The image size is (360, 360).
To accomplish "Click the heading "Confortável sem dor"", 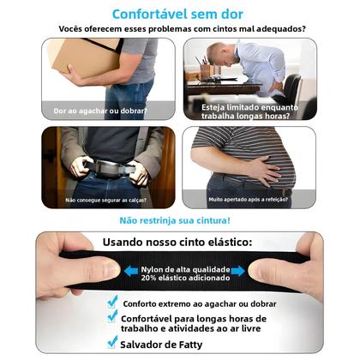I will click(177, 14).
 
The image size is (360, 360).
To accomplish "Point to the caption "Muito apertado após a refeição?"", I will click(249, 201).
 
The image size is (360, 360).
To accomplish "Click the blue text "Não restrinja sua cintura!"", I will click(177, 220).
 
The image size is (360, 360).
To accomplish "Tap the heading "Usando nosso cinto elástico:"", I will click(177, 243).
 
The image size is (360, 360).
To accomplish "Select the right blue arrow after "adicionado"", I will click(237, 271).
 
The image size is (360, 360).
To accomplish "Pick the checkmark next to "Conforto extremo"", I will click(113, 302).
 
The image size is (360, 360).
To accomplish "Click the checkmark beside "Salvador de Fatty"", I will click(113, 341).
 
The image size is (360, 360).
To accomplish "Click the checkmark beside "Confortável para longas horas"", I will click(113, 317).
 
